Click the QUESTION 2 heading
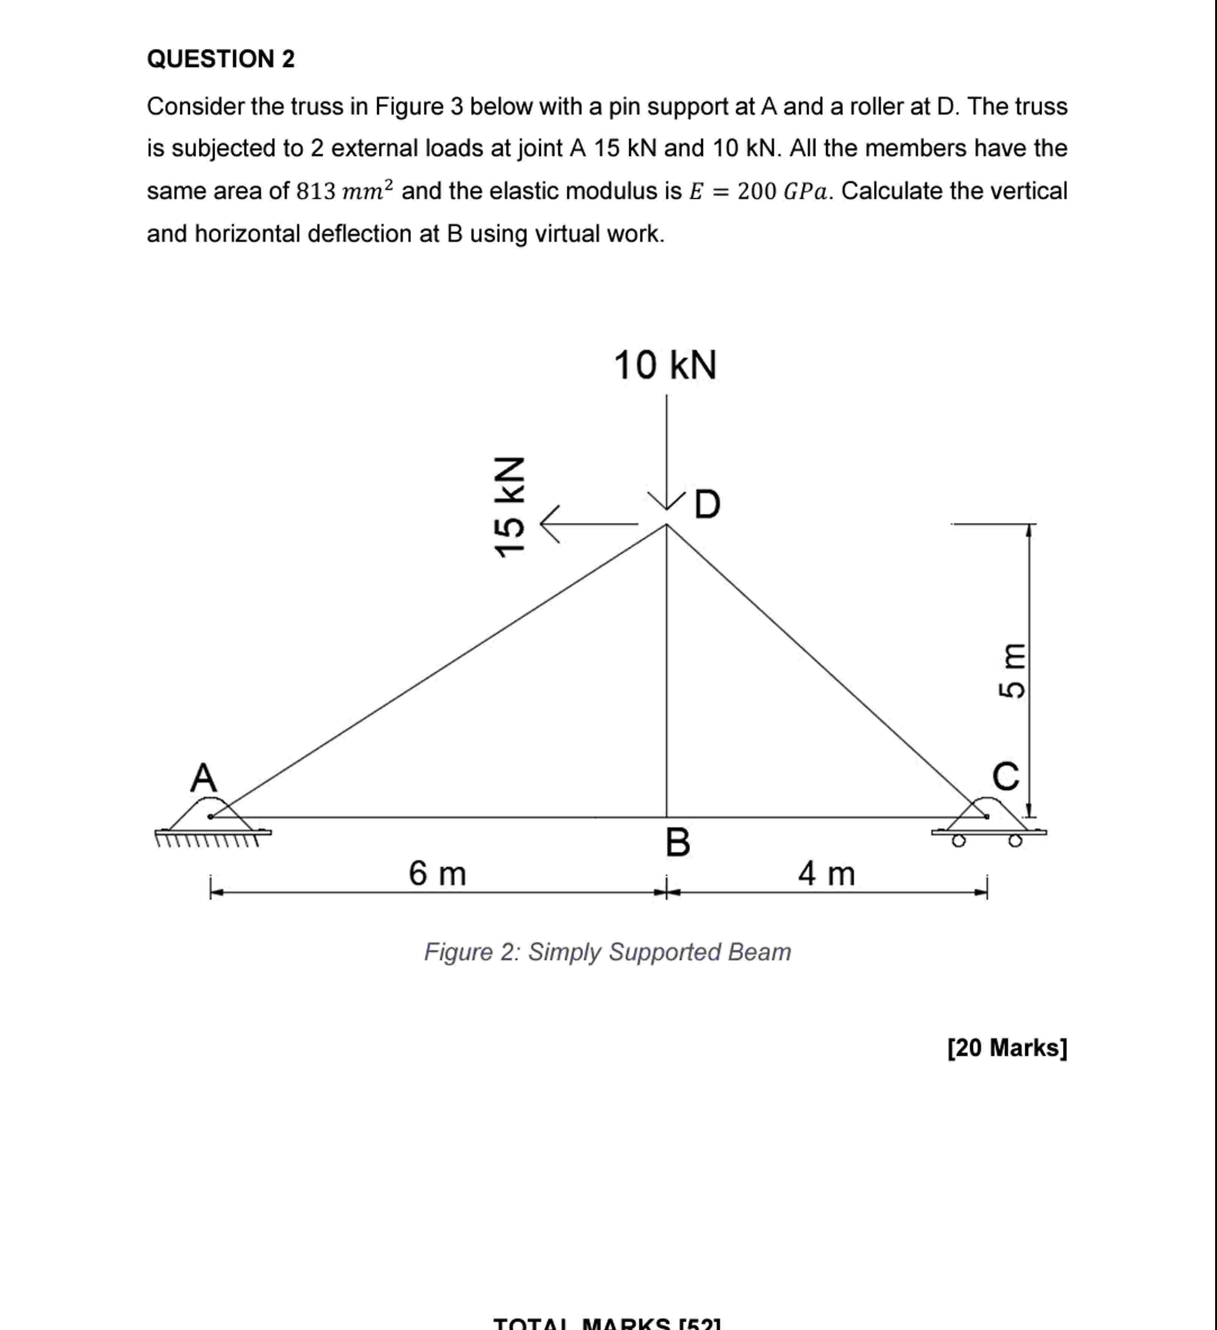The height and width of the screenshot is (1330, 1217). pyautogui.click(x=220, y=59)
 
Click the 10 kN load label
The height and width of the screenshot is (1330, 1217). pyautogui.click(x=665, y=366)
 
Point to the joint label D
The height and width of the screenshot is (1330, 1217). pyautogui.click(x=707, y=505)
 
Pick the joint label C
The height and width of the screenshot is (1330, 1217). pyautogui.click(x=1006, y=777)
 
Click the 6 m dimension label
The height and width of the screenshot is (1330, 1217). pyautogui.click(x=437, y=874)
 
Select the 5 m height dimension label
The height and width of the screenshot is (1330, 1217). pyautogui.click(x=1011, y=670)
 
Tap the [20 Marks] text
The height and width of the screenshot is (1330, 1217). pyautogui.click(x=1007, y=1047)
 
